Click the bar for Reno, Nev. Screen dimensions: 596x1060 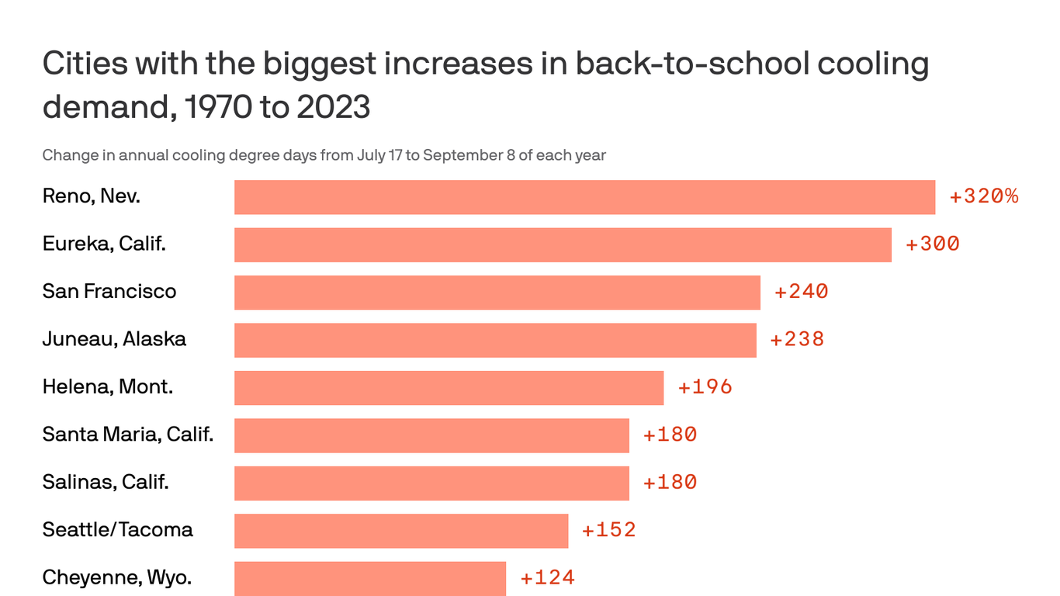tap(584, 197)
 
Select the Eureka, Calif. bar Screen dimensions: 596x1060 tap(563, 244)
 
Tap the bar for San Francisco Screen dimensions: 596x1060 tap(497, 293)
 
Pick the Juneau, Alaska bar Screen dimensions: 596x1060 tap(495, 340)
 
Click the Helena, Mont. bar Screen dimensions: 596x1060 tap(449, 387)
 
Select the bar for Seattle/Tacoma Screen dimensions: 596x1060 tap(401, 531)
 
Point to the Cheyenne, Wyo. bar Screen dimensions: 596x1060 tap(370, 578)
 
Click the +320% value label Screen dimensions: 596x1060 tap(983, 196)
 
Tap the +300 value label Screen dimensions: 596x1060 tap(933, 244)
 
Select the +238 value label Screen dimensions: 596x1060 tap(797, 339)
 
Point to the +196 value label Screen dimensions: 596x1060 tap(705, 386)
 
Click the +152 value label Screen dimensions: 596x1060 tap(609, 530)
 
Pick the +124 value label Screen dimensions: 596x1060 tap(547, 577)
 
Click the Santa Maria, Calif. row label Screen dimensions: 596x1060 tap(128, 435)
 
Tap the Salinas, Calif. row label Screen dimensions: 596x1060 tap(106, 482)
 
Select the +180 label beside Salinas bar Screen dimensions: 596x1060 tap(670, 482)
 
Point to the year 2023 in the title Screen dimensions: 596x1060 tap(333, 107)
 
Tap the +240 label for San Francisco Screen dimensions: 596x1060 tap(802, 292)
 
